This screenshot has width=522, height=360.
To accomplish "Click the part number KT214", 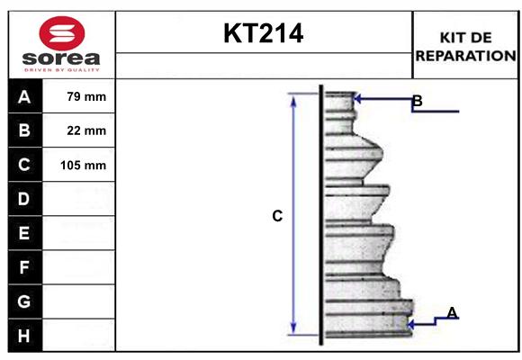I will [x=263, y=33].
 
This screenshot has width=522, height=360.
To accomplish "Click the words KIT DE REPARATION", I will [x=466, y=46].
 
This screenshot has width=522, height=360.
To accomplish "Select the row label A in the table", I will [x=24, y=96].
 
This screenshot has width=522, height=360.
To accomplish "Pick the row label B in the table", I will [x=24, y=130].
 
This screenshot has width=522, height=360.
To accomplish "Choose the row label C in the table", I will [x=24, y=165].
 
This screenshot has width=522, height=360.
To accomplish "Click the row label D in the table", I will [x=24, y=198].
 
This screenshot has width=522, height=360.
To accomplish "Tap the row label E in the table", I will [x=24, y=233].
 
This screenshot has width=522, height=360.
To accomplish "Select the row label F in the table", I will [x=24, y=267].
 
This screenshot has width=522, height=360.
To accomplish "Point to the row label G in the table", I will [x=24, y=301].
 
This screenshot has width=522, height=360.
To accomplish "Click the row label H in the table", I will [x=24, y=336].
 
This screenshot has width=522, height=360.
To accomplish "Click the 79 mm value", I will [x=86, y=96].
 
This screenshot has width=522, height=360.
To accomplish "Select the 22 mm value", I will [x=86, y=130].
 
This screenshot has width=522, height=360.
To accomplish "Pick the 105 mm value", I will [x=83, y=165].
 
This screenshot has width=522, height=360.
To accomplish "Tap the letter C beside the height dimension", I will [x=277, y=216].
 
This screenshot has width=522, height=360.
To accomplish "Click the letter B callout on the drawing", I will [x=417, y=101].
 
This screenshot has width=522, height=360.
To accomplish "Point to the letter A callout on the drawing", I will [x=452, y=312].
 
